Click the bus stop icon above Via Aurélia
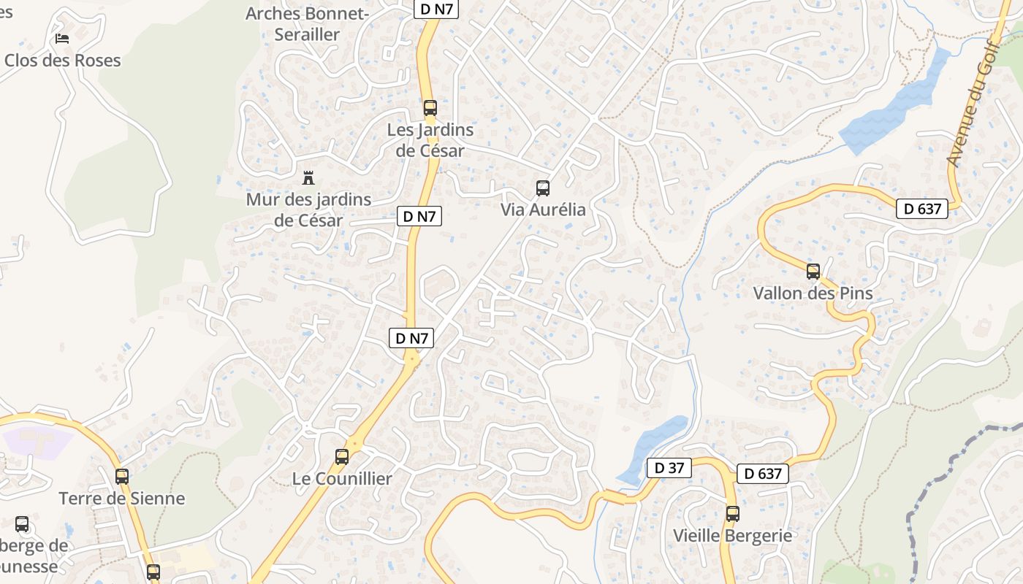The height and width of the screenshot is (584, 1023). pyautogui.click(x=543, y=188)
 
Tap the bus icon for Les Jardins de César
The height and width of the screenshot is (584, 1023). pyautogui.click(x=430, y=109)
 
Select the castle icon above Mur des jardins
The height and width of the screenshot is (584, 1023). pyautogui.click(x=308, y=177)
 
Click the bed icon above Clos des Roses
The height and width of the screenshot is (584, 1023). pyautogui.click(x=62, y=38)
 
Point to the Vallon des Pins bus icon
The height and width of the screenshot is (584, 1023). pyautogui.click(x=813, y=272)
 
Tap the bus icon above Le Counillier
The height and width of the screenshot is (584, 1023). pyautogui.click(x=341, y=457)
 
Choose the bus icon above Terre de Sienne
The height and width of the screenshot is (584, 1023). pyautogui.click(x=122, y=477)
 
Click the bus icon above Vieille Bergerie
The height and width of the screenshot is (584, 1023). pyautogui.click(x=733, y=513)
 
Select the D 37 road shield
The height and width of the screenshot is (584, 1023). pyautogui.click(x=669, y=468)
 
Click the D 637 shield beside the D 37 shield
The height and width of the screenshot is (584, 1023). pyautogui.click(x=763, y=474)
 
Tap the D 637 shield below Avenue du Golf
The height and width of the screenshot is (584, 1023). pyautogui.click(x=922, y=209)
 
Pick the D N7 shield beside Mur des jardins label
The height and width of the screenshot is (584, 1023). pyautogui.click(x=419, y=216)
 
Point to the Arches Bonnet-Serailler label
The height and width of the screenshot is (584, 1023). pyautogui.click(x=308, y=23)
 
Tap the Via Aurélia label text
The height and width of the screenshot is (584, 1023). pyautogui.click(x=543, y=210)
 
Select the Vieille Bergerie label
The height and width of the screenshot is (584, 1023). pyautogui.click(x=732, y=535)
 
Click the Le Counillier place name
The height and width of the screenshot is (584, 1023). pyautogui.click(x=342, y=479)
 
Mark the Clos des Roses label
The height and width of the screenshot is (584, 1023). pyautogui.click(x=62, y=60)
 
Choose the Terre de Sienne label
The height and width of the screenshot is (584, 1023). pyautogui.click(x=122, y=499)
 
